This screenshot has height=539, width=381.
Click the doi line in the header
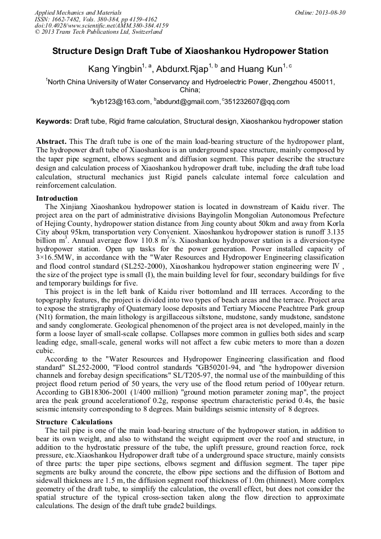(102, 25)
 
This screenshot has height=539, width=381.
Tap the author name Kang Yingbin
(115, 70)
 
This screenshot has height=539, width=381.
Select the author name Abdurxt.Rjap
(182, 70)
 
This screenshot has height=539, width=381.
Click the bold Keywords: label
(54, 121)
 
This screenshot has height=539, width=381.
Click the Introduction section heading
(57, 198)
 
